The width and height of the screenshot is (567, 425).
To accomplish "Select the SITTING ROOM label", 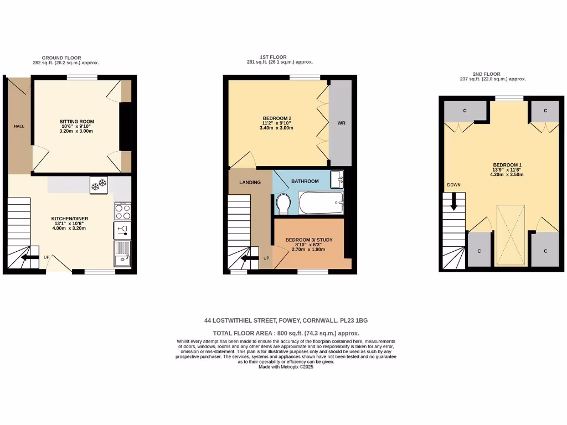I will click(x=77, y=121).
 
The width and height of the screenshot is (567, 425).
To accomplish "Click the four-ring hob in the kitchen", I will click(x=122, y=211).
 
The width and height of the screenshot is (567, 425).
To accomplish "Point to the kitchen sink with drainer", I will click(x=122, y=254).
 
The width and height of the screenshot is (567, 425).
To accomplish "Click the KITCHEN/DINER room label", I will click(x=70, y=219).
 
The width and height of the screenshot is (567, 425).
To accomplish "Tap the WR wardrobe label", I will click(x=341, y=123).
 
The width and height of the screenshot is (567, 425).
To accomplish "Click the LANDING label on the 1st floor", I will click(x=250, y=182).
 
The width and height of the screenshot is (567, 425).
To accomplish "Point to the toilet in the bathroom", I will click(x=283, y=204).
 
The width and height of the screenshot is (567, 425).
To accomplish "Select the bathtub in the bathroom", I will click(x=321, y=203).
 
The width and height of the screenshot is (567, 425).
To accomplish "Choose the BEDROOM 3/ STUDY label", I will click(x=309, y=240).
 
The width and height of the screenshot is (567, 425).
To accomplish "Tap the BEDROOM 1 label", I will click(x=507, y=165).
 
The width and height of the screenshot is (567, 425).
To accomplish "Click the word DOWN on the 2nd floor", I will click(x=454, y=185).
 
